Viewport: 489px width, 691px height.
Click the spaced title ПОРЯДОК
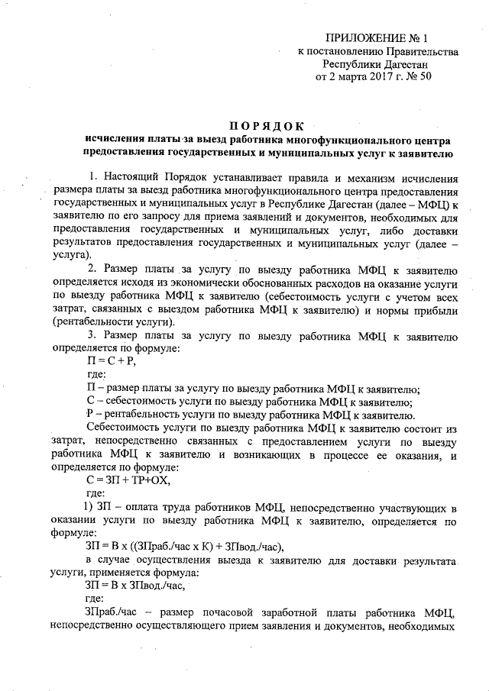267,126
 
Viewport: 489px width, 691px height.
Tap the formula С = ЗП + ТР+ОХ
128,480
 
